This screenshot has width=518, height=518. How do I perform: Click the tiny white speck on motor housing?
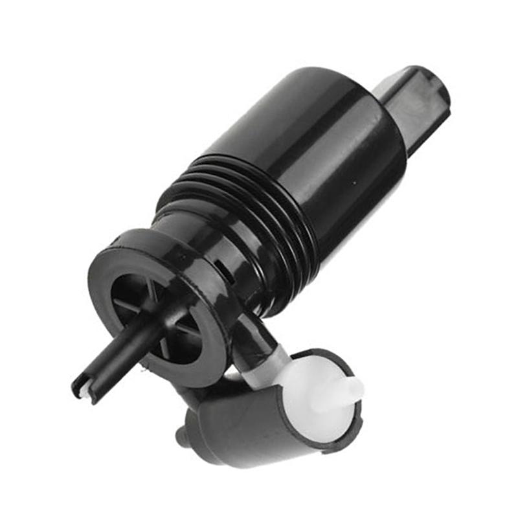354,183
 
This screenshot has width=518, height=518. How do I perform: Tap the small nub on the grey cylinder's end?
185,437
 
